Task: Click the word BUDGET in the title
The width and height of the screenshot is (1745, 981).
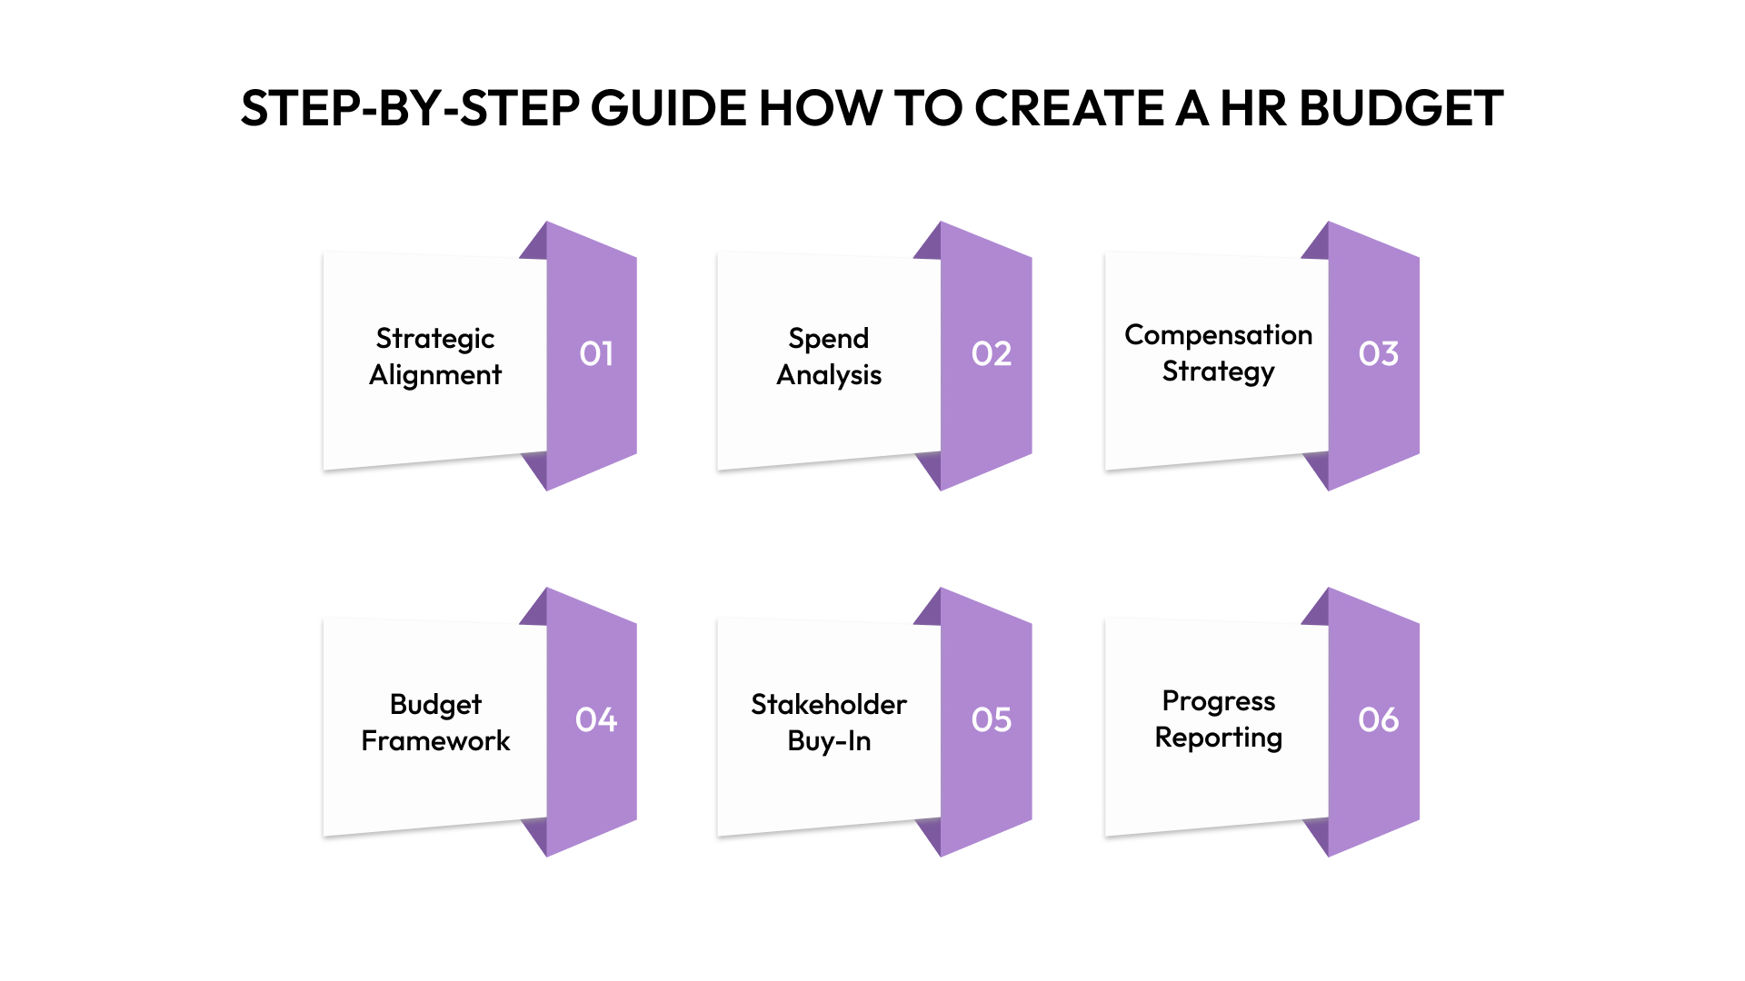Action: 1401,109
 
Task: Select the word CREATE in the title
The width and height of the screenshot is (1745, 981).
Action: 1070,109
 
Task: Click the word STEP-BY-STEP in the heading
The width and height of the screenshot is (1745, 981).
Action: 410,109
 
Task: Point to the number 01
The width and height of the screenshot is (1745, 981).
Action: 596,353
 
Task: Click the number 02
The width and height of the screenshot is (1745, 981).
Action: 991,353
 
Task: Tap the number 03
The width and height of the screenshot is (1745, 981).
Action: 1378,353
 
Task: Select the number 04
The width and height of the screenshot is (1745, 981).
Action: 596,719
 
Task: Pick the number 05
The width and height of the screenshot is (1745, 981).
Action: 991,719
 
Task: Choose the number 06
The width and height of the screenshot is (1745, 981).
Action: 1378,719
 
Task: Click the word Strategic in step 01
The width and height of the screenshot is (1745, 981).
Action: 435,339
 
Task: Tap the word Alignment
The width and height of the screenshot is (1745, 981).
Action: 435,375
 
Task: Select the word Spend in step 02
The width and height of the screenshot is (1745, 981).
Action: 829,339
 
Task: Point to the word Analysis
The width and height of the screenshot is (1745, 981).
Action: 829,375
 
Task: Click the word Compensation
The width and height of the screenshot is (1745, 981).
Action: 1218,335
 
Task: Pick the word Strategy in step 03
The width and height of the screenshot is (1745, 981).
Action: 1218,372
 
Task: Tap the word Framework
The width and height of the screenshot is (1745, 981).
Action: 435,741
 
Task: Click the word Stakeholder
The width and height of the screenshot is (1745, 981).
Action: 829,705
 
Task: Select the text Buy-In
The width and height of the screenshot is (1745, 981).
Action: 829,741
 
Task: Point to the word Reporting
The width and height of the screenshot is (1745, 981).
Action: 1218,738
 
